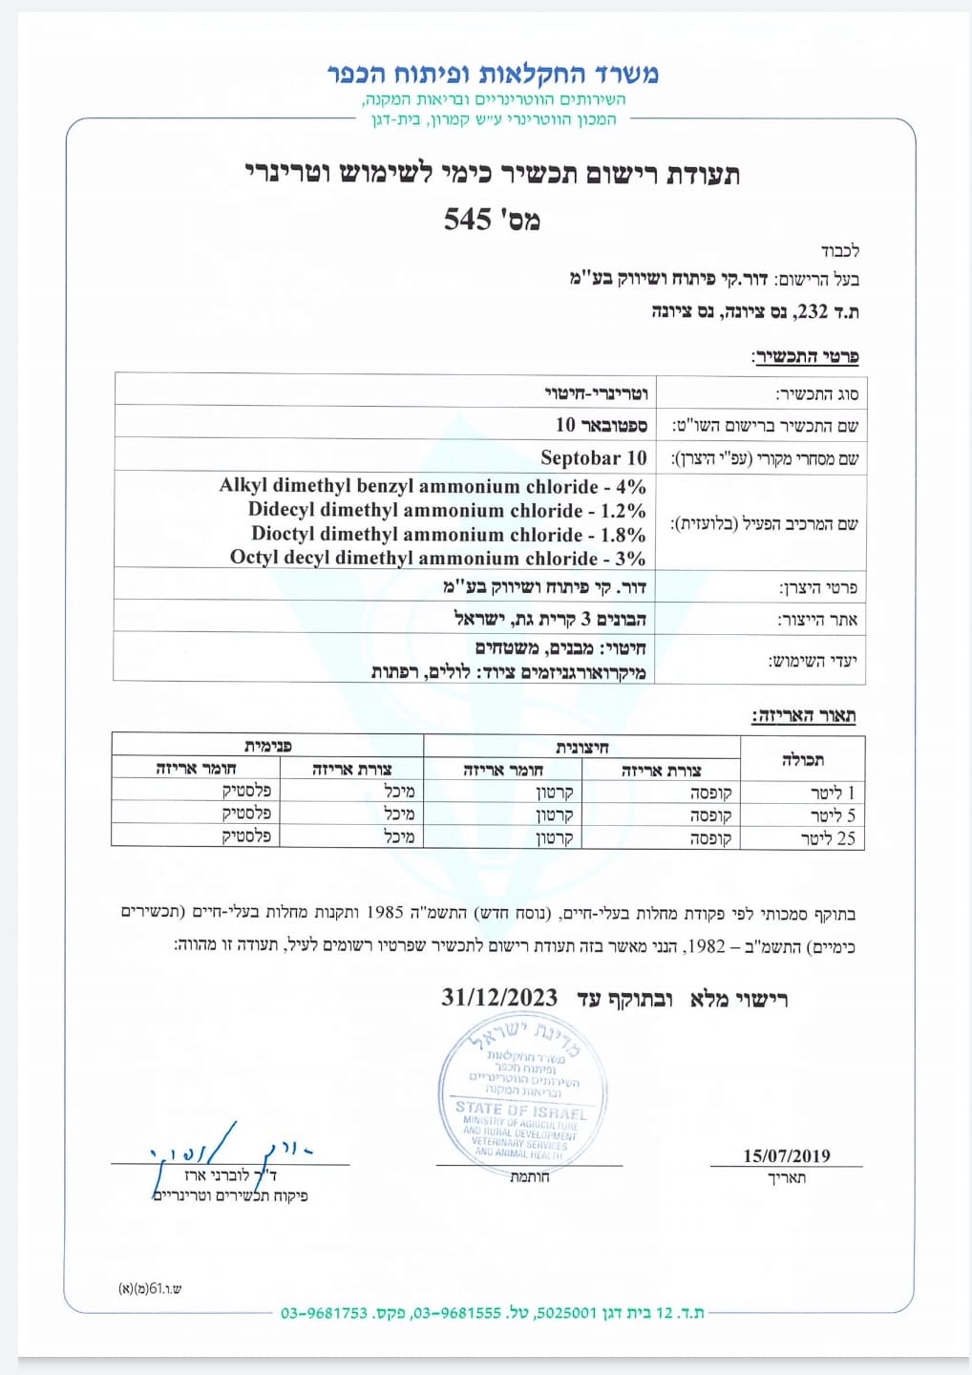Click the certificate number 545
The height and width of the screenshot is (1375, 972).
[467, 220]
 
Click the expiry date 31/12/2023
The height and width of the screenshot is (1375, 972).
[499, 998]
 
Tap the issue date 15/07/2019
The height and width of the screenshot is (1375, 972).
[787, 1155]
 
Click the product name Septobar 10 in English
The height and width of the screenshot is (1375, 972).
[593, 457]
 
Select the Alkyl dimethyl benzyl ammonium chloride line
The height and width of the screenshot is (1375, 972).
[433, 486]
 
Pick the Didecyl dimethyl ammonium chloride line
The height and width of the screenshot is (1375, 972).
[447, 510]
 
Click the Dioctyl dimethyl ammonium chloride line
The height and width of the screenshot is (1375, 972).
[448, 534]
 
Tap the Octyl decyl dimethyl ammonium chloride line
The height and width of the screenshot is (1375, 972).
[437, 558]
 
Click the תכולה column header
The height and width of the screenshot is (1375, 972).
[802, 760]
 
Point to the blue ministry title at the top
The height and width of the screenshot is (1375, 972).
[493, 74]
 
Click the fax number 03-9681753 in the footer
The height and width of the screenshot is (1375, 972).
[324, 1313]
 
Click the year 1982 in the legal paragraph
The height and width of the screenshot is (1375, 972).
[707, 946]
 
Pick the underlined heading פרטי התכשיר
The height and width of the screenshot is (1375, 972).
[807, 357]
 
